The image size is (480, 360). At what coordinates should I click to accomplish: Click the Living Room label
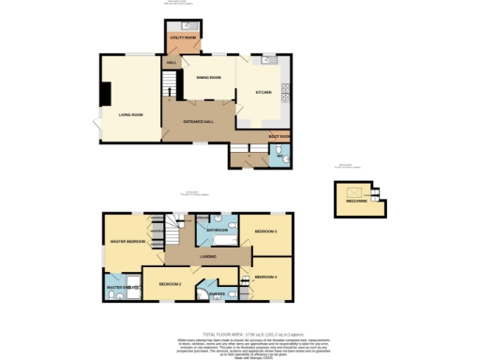[130, 114]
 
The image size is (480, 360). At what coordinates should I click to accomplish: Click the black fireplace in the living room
[105, 93]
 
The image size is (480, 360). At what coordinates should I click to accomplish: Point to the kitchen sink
[269, 59]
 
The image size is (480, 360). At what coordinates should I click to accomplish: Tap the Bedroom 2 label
[170, 282]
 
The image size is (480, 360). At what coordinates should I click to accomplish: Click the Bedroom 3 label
[265, 231]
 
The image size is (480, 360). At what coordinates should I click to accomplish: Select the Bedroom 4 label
[265, 277]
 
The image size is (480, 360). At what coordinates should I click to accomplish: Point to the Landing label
[208, 256]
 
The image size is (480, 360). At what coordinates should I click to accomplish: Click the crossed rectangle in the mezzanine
[356, 191]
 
